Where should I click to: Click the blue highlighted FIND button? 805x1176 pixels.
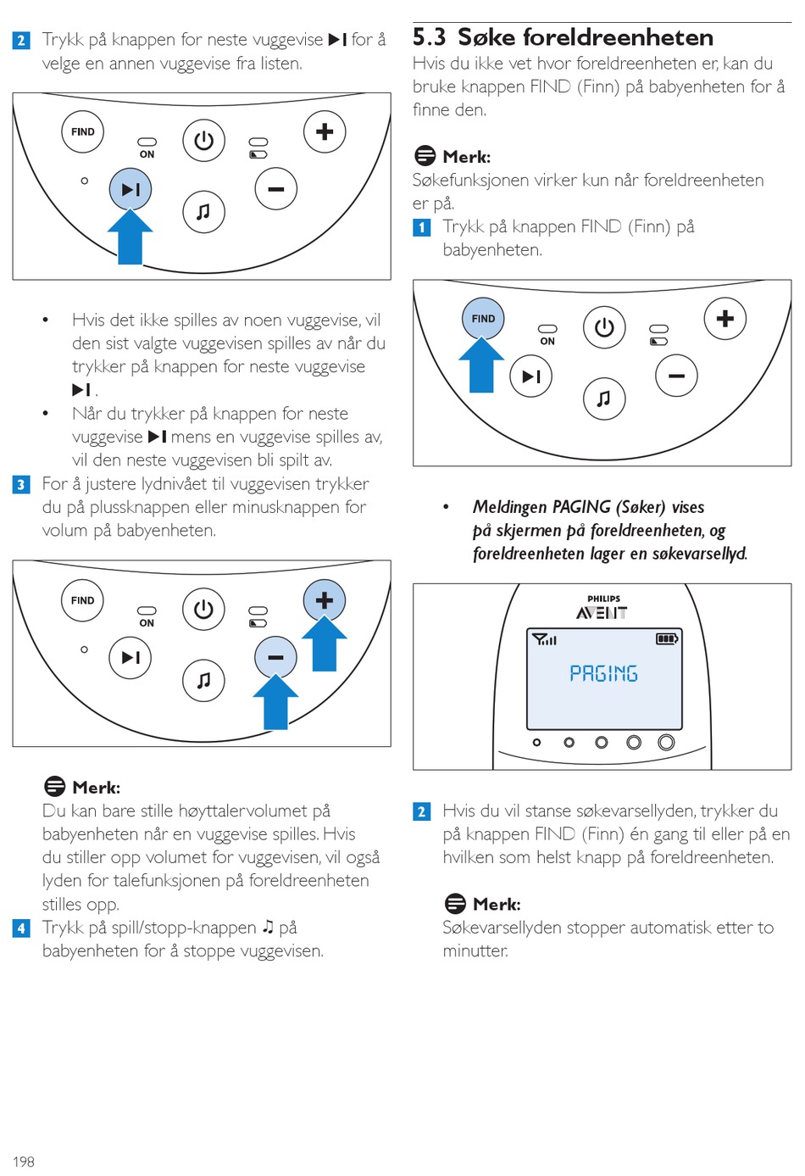pos(483,319)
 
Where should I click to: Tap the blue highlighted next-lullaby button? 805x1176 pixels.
pos(130,189)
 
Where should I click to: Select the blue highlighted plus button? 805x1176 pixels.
pos(325,600)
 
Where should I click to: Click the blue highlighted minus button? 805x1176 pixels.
pos(275,657)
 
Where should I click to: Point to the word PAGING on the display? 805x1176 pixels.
pos(603,673)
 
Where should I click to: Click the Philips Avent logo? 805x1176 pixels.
pos(602,608)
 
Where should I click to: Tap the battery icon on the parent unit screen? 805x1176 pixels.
pos(667,638)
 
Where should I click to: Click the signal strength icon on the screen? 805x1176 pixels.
pos(543,638)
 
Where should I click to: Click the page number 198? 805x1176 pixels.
pos(24,1161)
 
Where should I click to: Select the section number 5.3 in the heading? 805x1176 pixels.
pos(430,37)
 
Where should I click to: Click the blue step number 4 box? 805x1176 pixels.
pos(21,928)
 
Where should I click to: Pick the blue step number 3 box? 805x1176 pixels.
pos(21,484)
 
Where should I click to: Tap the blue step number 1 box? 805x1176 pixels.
pos(422,227)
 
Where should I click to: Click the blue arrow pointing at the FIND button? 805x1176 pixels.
pos(481,365)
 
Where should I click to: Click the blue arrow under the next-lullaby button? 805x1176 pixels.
pos(130,237)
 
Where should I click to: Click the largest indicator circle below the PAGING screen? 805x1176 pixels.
pos(667,743)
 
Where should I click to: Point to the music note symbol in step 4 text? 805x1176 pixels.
pos(269,927)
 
